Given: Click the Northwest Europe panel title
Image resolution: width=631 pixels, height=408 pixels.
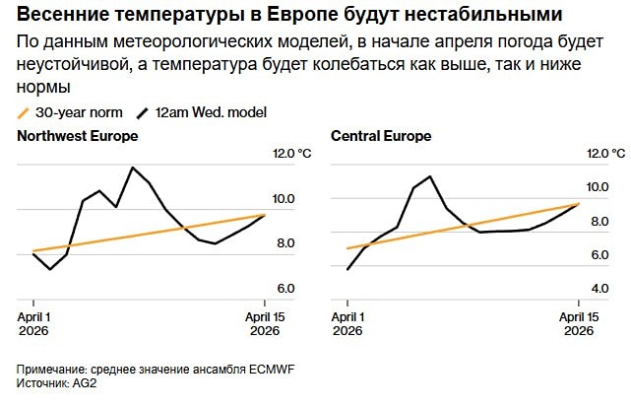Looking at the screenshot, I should click(77, 136).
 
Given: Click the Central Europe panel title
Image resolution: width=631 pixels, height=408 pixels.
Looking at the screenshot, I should click(381, 136).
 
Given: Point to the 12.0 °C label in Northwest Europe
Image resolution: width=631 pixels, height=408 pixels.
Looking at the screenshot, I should click(291, 154).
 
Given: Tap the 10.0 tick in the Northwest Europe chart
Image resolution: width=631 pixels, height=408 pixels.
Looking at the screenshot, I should click(284, 199).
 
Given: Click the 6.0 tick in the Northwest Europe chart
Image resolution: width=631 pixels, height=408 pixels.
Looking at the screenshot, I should click(284, 289).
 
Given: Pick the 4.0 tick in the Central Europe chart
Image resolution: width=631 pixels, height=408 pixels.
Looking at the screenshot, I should click(598, 289).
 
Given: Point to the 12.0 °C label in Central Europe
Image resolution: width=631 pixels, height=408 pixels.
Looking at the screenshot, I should click(604, 154).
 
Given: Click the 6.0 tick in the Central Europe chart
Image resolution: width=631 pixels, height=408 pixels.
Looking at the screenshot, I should click(598, 255).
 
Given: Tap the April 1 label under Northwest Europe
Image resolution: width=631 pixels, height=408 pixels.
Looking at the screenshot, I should click(34, 324).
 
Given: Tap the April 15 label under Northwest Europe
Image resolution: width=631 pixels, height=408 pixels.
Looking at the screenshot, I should click(264, 324).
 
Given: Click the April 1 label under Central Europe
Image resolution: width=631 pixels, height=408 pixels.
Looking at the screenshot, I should click(347, 324).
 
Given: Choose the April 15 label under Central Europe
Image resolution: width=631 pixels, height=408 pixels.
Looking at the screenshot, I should click(577, 324).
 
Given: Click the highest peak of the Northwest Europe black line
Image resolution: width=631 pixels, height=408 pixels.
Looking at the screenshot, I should click(132, 168).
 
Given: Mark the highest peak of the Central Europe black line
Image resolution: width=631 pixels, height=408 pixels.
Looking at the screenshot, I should click(430, 177).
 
